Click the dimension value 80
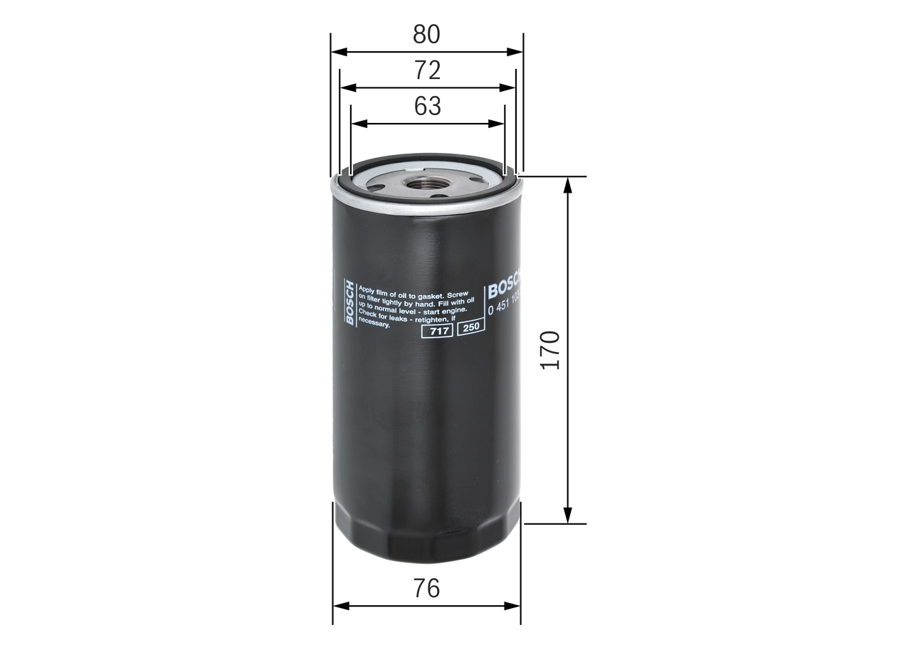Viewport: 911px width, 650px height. [427, 34]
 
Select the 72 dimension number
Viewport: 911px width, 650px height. [428, 70]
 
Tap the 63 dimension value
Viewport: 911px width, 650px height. [428, 106]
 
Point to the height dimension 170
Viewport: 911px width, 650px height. [551, 348]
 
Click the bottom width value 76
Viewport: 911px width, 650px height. [427, 588]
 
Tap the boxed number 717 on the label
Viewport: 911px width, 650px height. [438, 331]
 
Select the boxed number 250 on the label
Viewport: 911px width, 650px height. [470, 328]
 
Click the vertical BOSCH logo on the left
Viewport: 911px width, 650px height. [349, 303]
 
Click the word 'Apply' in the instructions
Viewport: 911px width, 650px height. [367, 290]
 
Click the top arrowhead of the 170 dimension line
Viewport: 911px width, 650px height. [568, 183]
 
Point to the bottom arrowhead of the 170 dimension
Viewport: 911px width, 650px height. [568, 516]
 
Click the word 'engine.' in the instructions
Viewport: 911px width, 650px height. [453, 310]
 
